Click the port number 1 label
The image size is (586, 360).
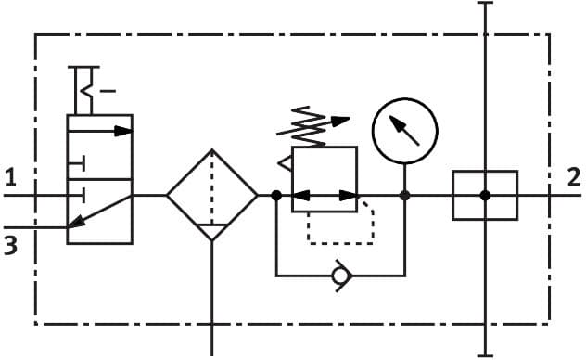pyautogui.click(x=10, y=175)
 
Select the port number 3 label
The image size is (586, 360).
pyautogui.click(x=10, y=247)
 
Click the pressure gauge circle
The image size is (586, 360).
pyautogui.click(x=404, y=131)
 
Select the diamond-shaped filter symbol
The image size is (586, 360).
pyautogui.click(x=212, y=195)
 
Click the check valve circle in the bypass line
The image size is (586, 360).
pyautogui.click(x=342, y=276)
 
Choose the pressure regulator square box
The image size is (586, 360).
pyautogui.click(x=325, y=179)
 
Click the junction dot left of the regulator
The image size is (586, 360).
pyautogui.click(x=276, y=195)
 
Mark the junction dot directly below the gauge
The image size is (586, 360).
pyautogui.click(x=405, y=195)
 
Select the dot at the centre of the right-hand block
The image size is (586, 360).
pyautogui.click(x=484, y=195)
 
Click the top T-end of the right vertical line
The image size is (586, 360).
pyautogui.click(x=484, y=4)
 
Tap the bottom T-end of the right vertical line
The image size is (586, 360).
pyautogui.click(x=484, y=355)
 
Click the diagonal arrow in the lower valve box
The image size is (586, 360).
pyautogui.click(x=99, y=211)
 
